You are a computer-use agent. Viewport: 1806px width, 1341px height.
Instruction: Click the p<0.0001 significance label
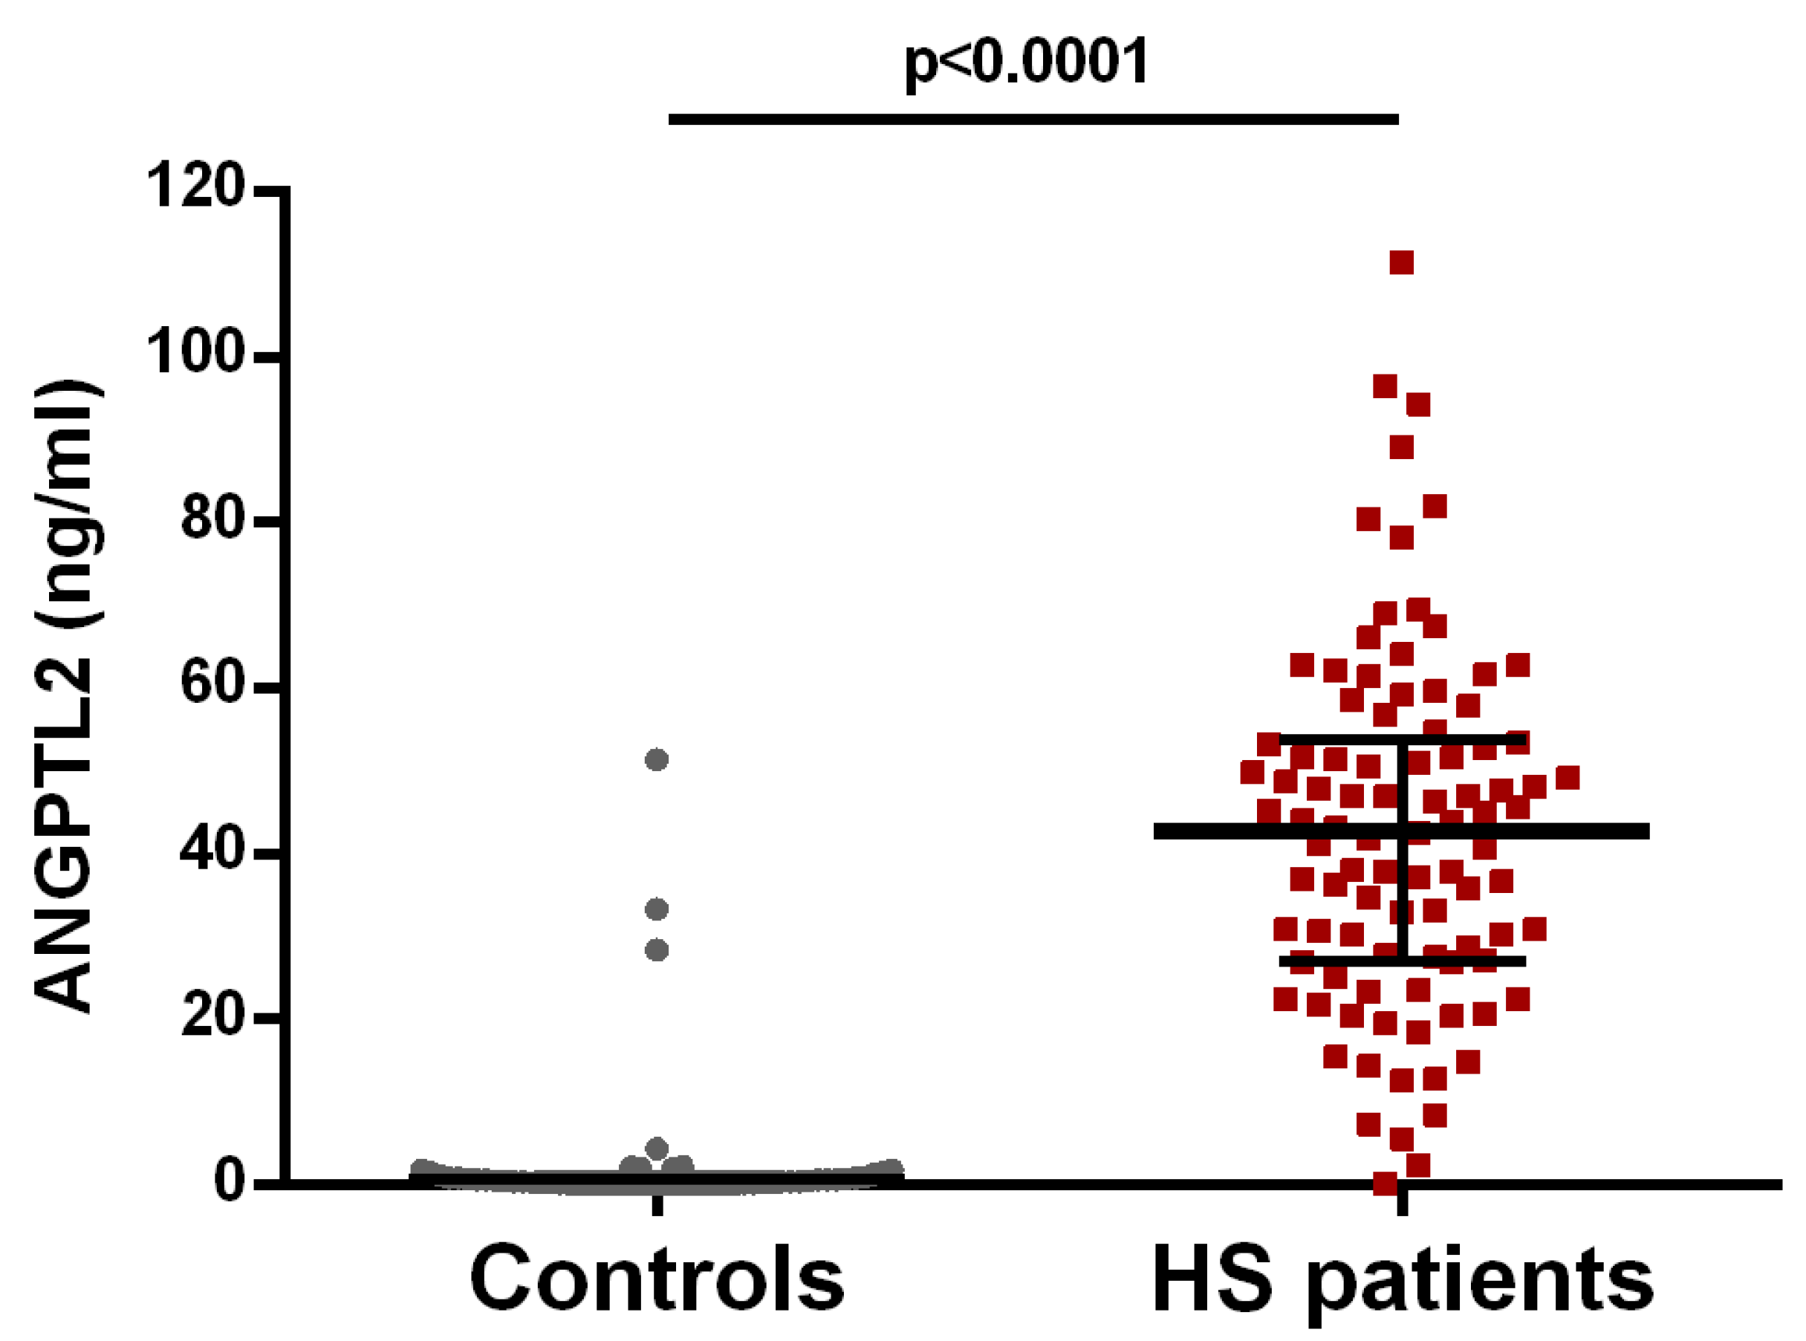pyautogui.click(x=1026, y=62)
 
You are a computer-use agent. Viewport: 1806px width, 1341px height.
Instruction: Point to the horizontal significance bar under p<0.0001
pyautogui.click(x=1033, y=120)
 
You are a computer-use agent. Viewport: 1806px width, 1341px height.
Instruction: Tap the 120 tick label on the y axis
pyautogui.click(x=195, y=186)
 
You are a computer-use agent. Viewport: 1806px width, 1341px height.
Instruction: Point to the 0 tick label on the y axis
pyautogui.click(x=229, y=1182)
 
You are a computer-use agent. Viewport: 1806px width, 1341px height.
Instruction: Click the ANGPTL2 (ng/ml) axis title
pyautogui.click(x=68, y=695)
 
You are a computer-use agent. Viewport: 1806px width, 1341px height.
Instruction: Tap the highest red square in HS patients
pyautogui.click(x=1402, y=263)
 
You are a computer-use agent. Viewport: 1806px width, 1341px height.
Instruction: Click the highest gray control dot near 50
pyautogui.click(x=656, y=760)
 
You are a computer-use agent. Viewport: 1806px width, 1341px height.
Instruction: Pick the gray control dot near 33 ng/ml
pyautogui.click(x=656, y=909)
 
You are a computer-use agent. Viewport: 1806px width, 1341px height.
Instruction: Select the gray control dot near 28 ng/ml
pyautogui.click(x=656, y=949)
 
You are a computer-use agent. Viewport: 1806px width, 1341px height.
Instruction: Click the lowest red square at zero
pyautogui.click(x=1385, y=1183)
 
